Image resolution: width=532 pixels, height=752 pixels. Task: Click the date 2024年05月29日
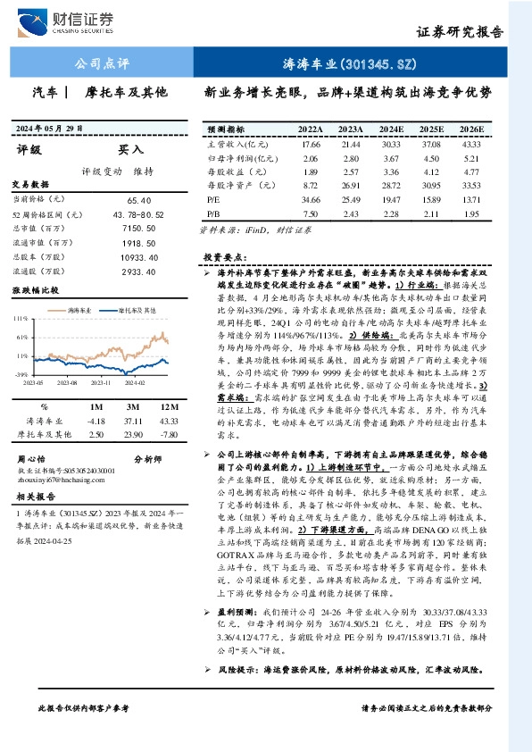click(x=49, y=129)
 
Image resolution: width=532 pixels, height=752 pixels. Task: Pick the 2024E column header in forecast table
click(x=391, y=130)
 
